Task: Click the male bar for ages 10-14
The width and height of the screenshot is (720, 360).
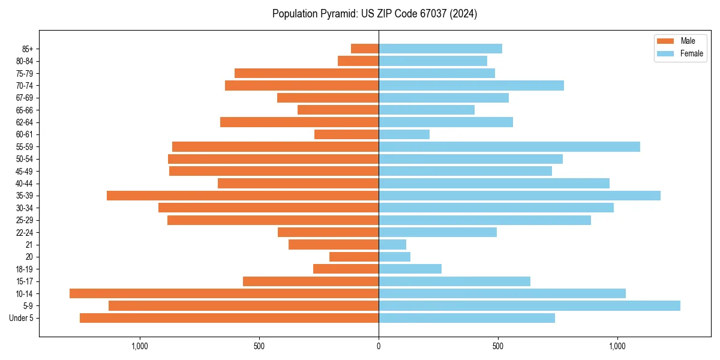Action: (224, 293)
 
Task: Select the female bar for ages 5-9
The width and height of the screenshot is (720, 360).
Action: (529, 305)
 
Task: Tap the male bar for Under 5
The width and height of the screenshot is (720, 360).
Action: (229, 318)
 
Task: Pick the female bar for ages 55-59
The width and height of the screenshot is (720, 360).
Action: (509, 146)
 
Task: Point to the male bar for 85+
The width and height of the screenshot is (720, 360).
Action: (365, 49)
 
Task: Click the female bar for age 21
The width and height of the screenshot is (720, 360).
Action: (392, 244)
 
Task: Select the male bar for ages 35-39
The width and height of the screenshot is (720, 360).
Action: (242, 196)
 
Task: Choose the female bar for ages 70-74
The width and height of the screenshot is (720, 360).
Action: (471, 85)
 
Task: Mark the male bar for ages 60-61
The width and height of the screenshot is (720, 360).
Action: (346, 134)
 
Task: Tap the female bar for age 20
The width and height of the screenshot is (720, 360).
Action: (394, 257)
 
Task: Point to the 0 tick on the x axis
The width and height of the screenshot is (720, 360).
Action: (379, 346)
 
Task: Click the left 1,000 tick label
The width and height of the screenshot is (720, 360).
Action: (139, 346)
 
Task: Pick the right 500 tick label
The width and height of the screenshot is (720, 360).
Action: (497, 346)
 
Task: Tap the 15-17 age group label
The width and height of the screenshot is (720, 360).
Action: (25, 281)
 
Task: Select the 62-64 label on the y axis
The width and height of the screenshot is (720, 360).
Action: (25, 122)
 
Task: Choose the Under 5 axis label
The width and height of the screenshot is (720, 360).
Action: (22, 318)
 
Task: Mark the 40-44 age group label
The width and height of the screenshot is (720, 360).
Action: (25, 184)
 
